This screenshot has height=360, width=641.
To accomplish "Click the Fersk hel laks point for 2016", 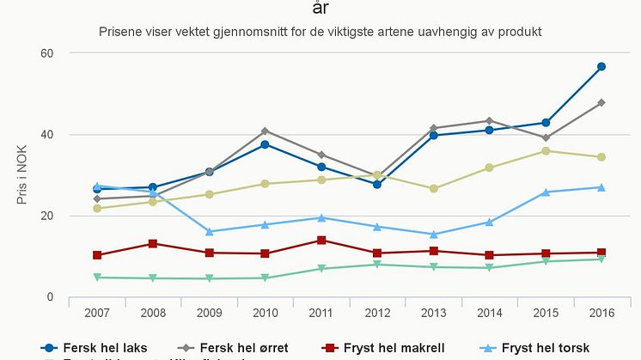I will (601, 66).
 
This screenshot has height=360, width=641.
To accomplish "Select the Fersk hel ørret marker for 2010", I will (266, 131).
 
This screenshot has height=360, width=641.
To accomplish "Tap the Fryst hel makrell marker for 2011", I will (321, 241).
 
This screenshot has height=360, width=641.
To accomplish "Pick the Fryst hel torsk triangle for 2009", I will (209, 231).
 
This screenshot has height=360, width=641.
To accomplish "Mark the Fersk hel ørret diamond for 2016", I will (601, 103).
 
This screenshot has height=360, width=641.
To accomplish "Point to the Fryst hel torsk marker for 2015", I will (546, 192).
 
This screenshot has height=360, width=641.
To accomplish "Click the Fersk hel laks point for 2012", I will (377, 185).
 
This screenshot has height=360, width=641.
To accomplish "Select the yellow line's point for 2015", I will (546, 151).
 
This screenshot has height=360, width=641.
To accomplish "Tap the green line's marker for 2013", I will (433, 267).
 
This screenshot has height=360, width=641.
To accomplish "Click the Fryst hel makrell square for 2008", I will (153, 244).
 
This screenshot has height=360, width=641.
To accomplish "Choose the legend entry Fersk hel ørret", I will (244, 348).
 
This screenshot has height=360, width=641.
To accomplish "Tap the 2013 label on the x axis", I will (433, 314).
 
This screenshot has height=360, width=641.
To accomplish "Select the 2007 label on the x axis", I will (97, 314).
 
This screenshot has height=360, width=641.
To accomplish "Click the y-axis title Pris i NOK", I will (21, 176).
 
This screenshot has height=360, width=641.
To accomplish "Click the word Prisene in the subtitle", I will (120, 32).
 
